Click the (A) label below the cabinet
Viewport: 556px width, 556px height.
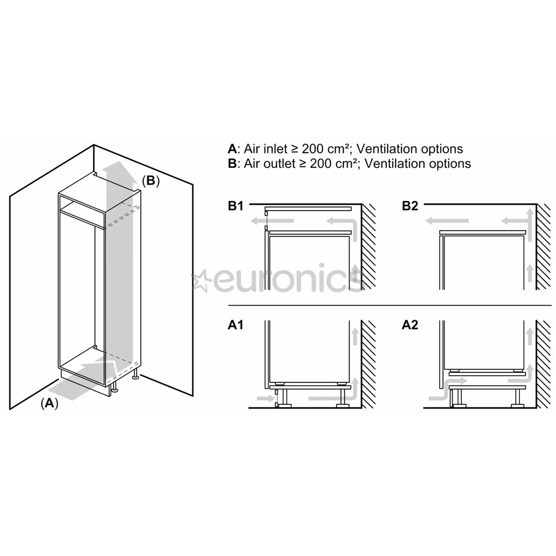(x=49, y=403)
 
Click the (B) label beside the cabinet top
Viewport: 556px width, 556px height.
(x=151, y=181)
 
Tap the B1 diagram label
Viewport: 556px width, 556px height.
(x=236, y=206)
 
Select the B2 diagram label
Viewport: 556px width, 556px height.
(x=410, y=206)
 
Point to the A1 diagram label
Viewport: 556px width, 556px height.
(x=235, y=325)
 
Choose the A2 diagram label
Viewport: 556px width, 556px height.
(x=410, y=325)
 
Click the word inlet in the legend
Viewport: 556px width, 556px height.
(x=266, y=149)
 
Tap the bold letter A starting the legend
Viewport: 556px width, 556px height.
(x=232, y=149)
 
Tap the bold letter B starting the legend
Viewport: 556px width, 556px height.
(x=232, y=164)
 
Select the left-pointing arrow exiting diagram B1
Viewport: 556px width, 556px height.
(x=272, y=221)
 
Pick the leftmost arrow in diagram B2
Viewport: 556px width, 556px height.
(x=447, y=221)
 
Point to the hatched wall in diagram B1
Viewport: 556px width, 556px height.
(x=369, y=247)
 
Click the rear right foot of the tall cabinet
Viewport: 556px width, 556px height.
(x=135, y=377)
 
